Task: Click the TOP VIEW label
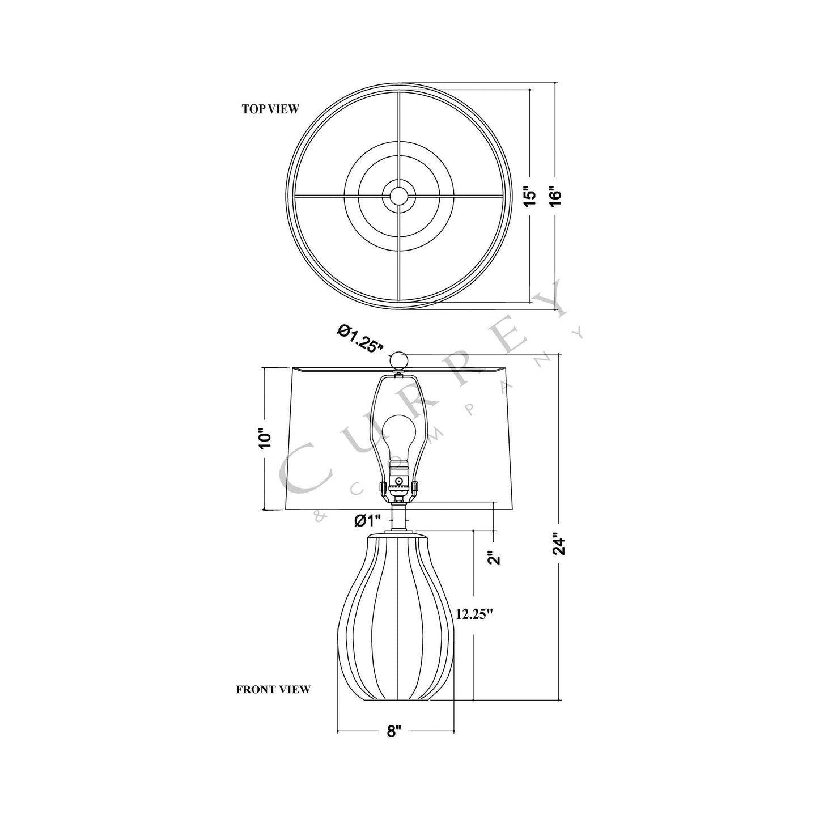pyautogui.click(x=270, y=109)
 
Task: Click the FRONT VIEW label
pyautogui.click(x=273, y=690)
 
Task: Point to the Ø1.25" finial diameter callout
pyautogui.click(x=360, y=338)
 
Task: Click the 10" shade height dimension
pyautogui.click(x=265, y=438)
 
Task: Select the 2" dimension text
pyautogui.click(x=495, y=558)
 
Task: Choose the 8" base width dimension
pyautogui.click(x=394, y=731)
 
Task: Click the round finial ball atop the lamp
pyautogui.click(x=399, y=360)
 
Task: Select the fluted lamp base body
pyautogui.click(x=397, y=618)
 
